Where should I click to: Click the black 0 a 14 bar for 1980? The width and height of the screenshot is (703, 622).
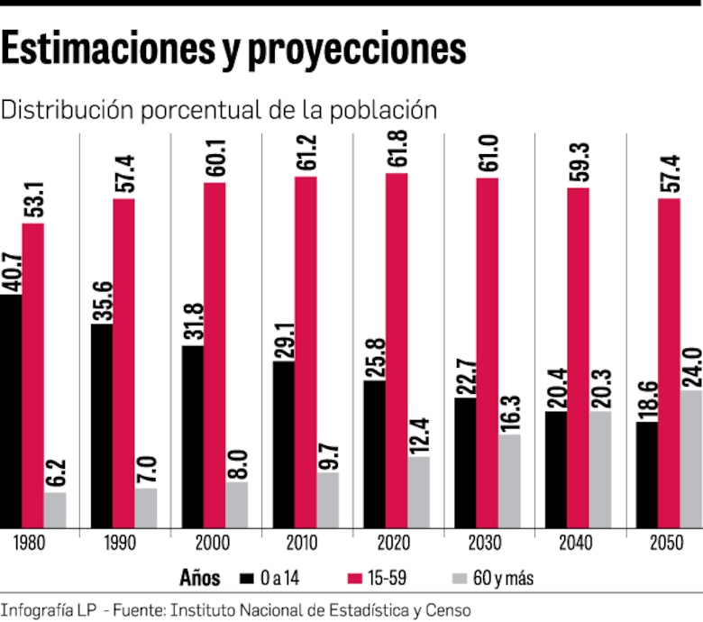pyautogui.click(x=11, y=411)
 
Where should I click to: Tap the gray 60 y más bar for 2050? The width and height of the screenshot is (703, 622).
pyautogui.click(x=691, y=459)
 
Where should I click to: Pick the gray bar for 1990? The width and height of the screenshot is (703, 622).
pyautogui.click(x=145, y=508)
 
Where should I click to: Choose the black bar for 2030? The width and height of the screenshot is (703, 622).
pyautogui.click(x=466, y=462)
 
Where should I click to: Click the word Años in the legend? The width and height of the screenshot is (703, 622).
pyautogui.click(x=200, y=577)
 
